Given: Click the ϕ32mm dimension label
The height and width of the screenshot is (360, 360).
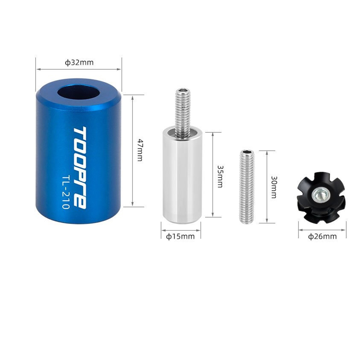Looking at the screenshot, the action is (79, 63).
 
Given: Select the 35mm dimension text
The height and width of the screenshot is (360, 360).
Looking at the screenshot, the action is (220, 176).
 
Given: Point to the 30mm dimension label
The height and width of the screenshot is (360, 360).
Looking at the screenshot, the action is (274, 187).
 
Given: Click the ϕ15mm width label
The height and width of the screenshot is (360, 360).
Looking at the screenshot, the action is (180, 236).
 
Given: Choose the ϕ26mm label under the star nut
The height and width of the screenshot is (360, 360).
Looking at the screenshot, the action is (322, 236).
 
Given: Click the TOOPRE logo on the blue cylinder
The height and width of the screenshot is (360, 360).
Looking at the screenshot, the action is (80, 167).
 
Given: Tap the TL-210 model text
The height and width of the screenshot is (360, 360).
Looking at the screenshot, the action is (66, 193).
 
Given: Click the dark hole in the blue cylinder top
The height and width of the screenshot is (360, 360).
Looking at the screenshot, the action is (79, 93).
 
